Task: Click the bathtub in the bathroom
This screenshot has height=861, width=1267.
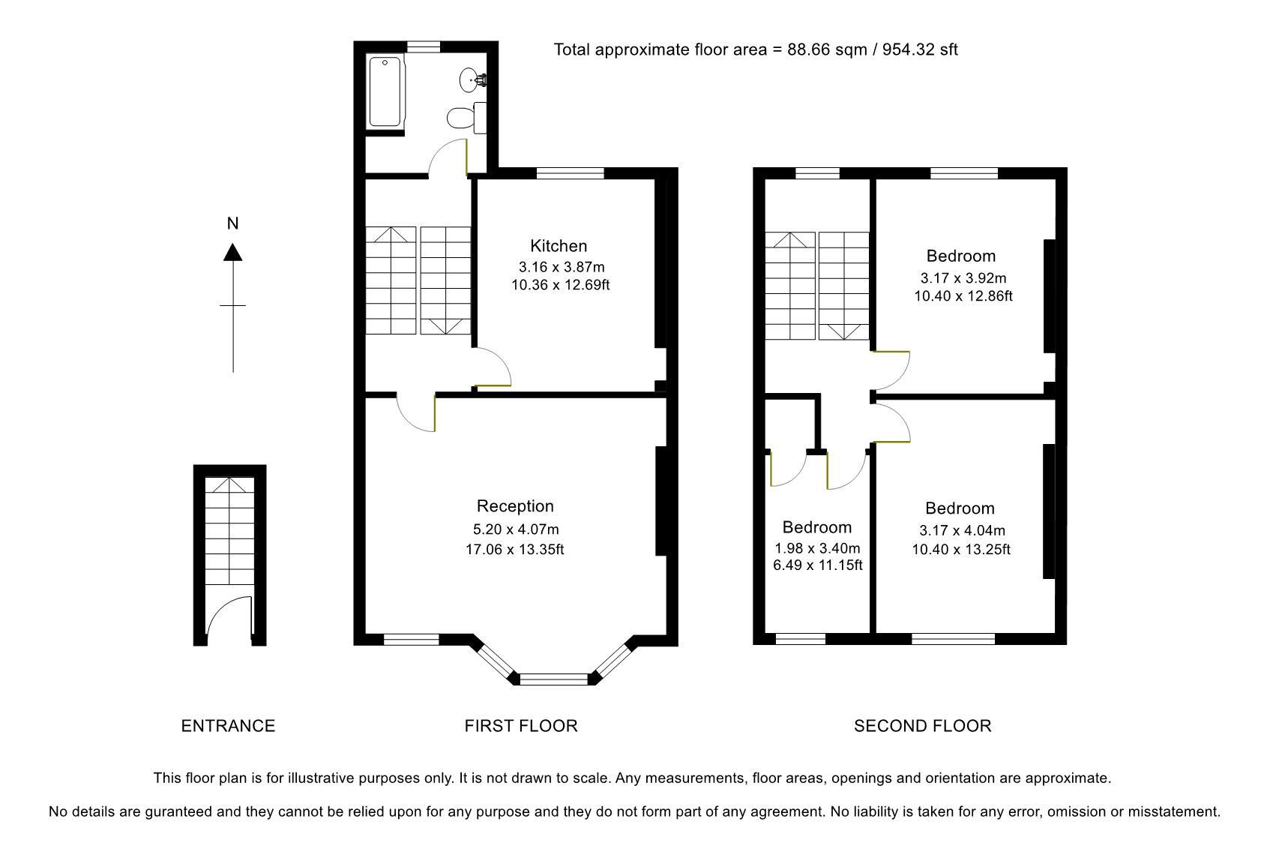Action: coord(386,92)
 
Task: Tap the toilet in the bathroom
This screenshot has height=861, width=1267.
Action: coord(460,118)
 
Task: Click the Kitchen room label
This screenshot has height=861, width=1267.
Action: coord(559,246)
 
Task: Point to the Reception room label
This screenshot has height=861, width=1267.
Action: coord(515,506)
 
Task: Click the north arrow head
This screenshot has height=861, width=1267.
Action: coord(233,253)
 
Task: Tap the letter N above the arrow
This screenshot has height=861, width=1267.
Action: coord(233,223)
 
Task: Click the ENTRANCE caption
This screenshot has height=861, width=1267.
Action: coord(228,726)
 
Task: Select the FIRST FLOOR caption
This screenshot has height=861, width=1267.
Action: coord(521,726)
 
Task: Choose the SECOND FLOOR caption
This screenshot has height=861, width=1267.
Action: coord(922,726)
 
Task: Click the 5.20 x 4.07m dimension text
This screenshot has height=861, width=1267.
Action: coord(515,529)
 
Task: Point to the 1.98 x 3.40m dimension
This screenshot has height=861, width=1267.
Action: coord(817,548)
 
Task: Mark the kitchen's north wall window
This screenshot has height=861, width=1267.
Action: coord(570,173)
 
